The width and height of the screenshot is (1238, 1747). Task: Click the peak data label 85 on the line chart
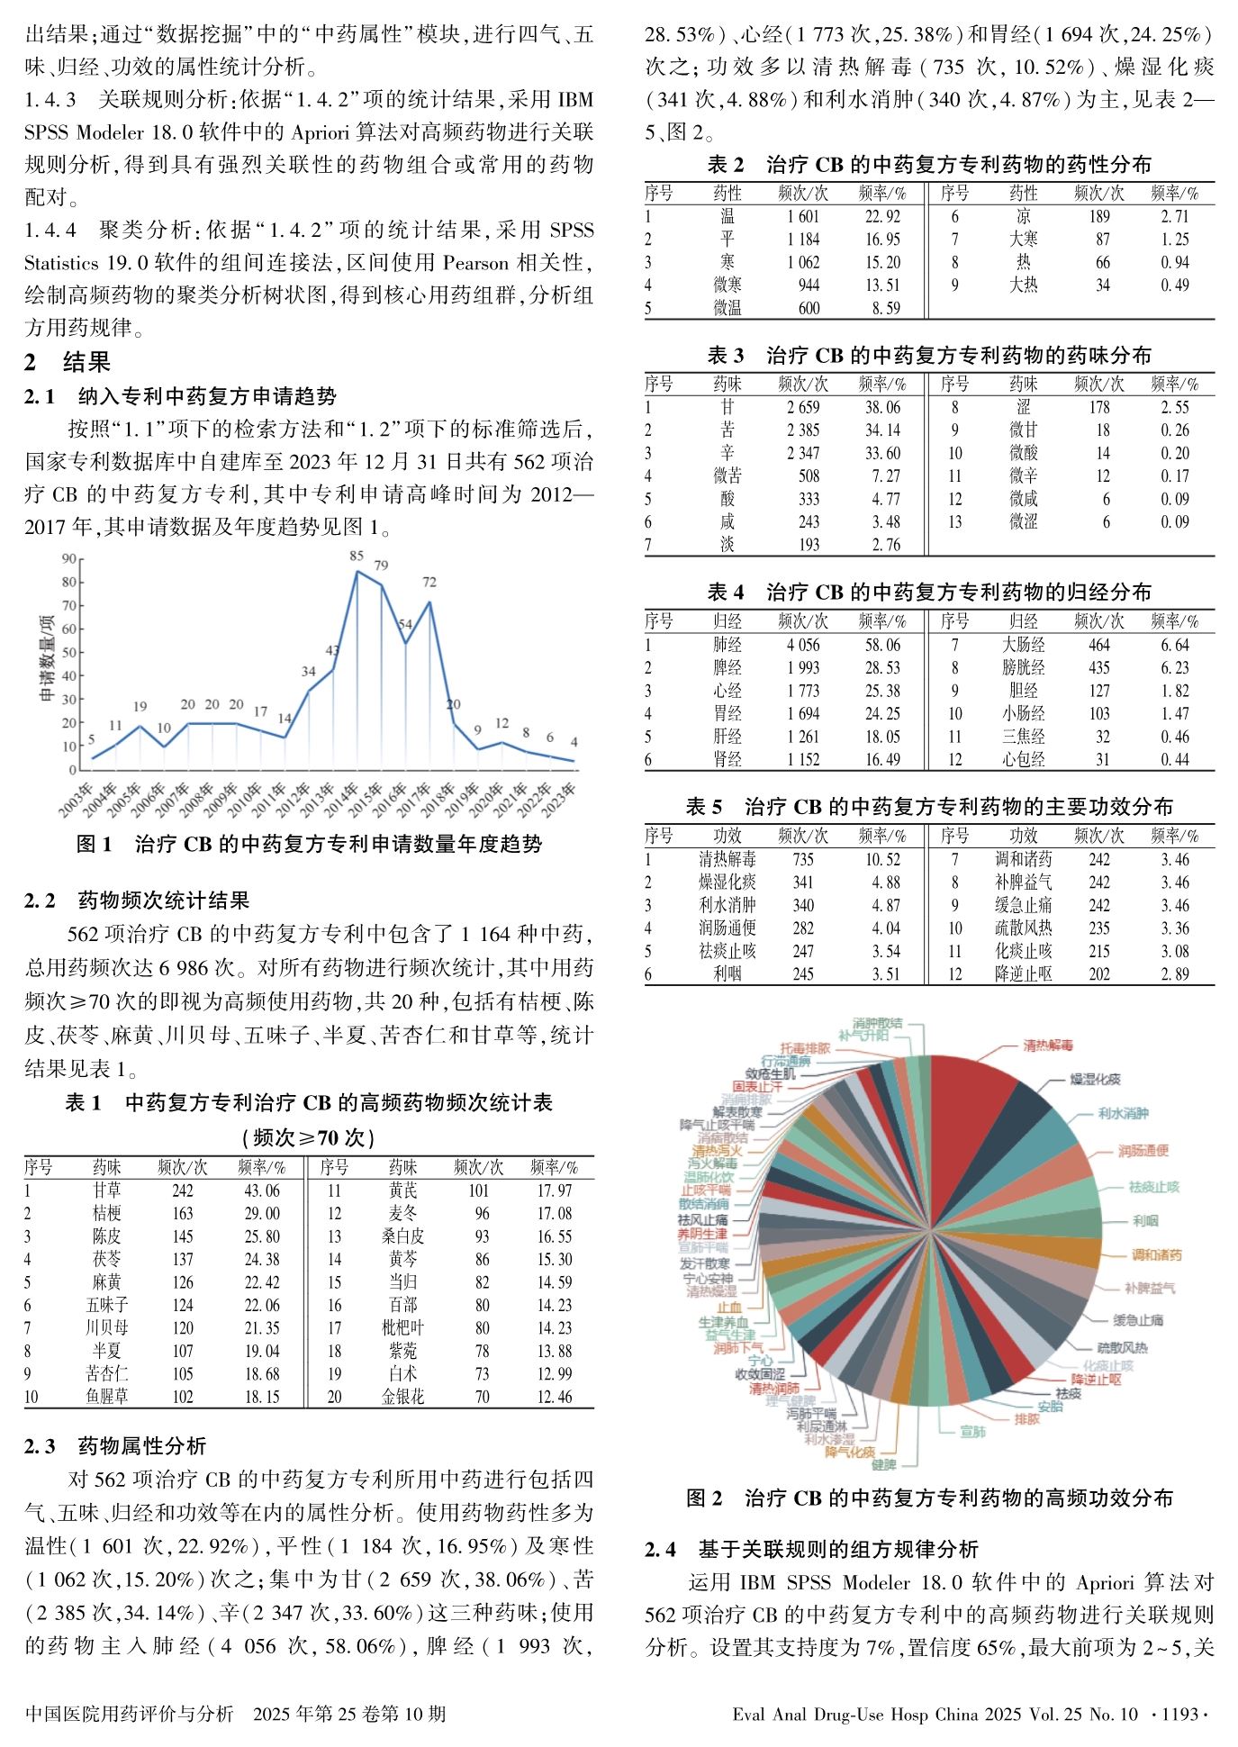point(357,556)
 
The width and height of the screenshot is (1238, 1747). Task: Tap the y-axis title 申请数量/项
point(47,658)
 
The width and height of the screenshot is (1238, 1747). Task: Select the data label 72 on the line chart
point(429,583)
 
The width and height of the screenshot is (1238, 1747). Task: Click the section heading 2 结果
point(68,362)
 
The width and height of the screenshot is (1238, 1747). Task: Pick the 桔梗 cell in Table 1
point(106,1213)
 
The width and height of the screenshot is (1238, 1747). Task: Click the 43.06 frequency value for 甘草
point(262,1190)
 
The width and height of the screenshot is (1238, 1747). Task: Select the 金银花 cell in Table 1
point(402,1397)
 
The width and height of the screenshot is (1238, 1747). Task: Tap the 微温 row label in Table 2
point(727,308)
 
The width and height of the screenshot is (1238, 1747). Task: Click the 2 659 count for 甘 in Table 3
point(803,407)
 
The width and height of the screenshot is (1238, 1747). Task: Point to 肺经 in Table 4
point(727,645)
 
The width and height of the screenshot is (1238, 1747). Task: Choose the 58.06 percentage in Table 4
point(882,645)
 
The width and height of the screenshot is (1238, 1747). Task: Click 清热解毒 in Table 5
point(727,859)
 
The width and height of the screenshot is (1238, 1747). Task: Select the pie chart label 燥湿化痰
point(1095,1079)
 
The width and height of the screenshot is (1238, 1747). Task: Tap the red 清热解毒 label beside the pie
point(1048,1045)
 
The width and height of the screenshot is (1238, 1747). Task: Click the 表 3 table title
point(929,355)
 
